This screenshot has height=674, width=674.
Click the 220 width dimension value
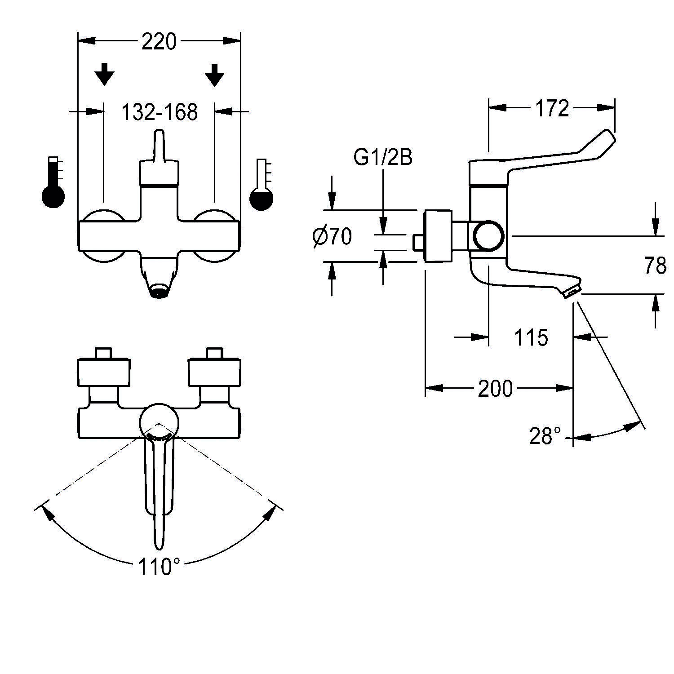(159, 42)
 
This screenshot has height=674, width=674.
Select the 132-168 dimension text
(160, 112)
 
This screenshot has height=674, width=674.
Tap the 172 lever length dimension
(552, 108)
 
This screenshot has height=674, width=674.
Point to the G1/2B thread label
(383, 158)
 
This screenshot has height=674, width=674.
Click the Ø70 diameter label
(333, 236)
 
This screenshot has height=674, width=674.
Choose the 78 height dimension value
(655, 266)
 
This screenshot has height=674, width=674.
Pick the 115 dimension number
(531, 337)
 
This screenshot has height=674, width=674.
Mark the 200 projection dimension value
(495, 389)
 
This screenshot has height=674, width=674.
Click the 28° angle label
(545, 435)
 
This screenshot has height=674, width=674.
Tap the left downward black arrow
(104, 74)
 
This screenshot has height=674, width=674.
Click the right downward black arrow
(215, 75)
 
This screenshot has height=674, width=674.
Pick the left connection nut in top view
(104, 372)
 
